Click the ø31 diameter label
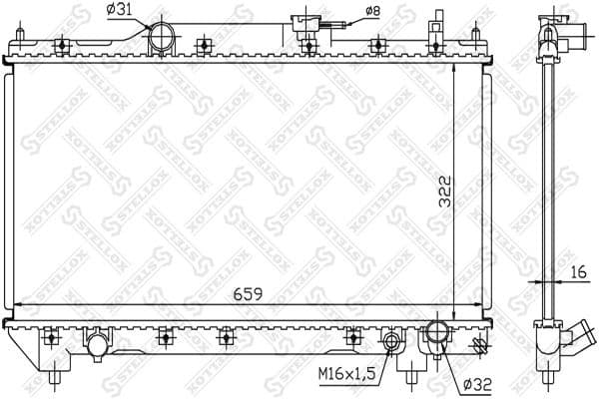[121, 11]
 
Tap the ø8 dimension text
[371, 11]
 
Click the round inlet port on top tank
[162, 41]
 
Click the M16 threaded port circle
[393, 344]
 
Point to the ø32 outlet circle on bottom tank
[438, 333]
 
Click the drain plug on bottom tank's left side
[97, 345]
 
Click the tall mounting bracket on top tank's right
[436, 32]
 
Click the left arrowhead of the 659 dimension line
[14, 304]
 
